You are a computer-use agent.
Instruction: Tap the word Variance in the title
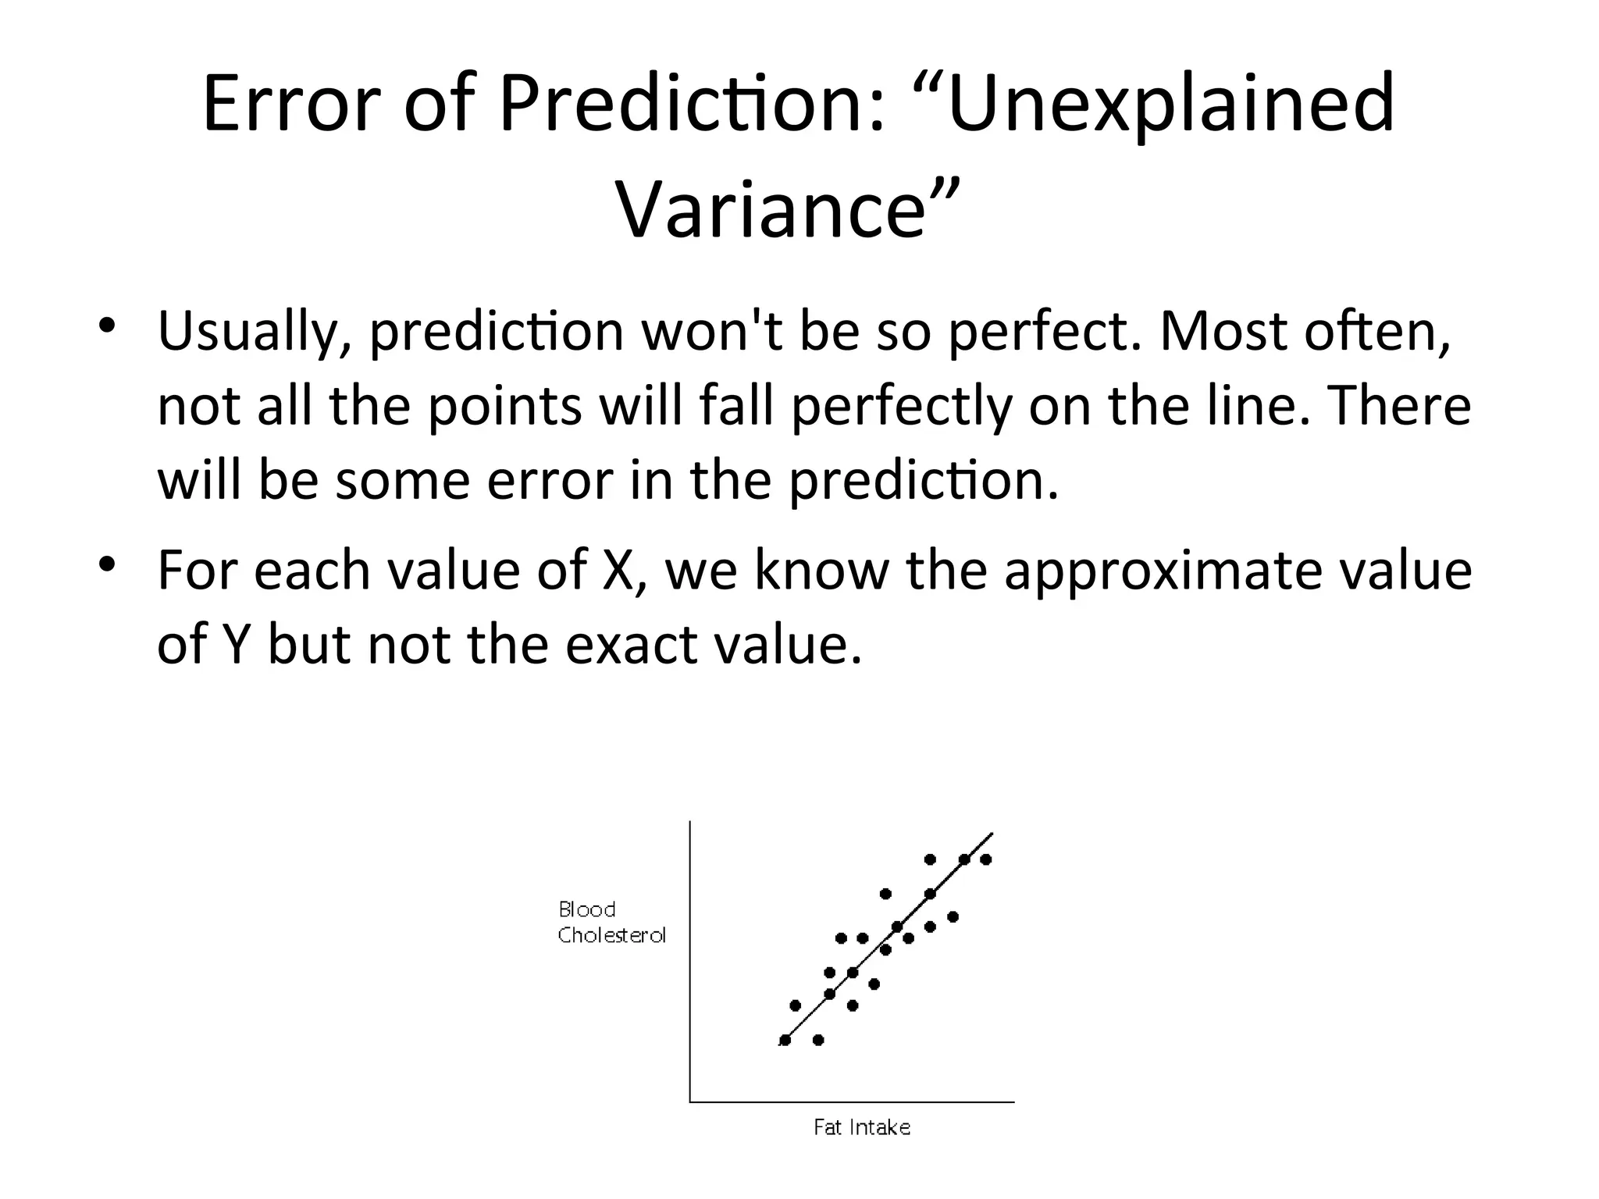point(771,210)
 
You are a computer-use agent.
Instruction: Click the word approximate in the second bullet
point(1163,569)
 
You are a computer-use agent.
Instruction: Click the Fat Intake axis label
point(862,1127)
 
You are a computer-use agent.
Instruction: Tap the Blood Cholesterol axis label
point(611,922)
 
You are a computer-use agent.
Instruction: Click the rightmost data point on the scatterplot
point(985,859)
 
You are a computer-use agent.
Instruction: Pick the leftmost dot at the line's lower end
point(785,1040)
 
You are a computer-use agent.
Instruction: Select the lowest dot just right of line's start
point(818,1040)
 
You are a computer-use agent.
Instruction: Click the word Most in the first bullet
point(1223,332)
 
